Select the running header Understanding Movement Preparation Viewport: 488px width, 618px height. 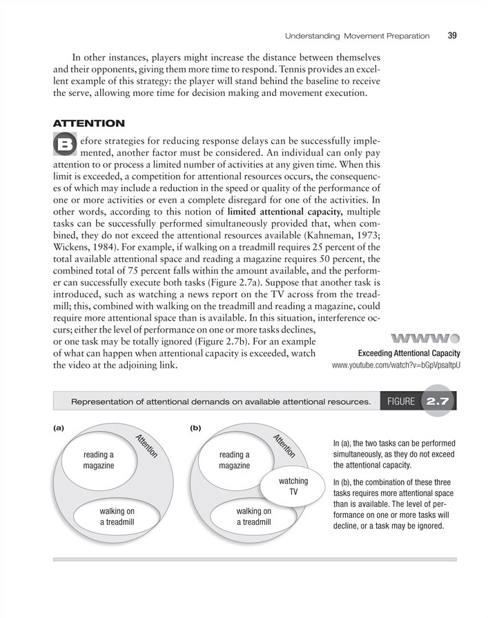pyautogui.click(x=358, y=36)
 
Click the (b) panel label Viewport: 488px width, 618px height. pyautogui.click(x=195, y=427)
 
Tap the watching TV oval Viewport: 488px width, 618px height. pyautogui.click(x=293, y=486)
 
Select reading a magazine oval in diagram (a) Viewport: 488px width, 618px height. pyautogui.click(x=98, y=460)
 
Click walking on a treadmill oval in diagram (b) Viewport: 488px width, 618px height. pyautogui.click(x=253, y=517)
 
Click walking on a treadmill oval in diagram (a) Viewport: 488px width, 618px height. pyautogui.click(x=116, y=517)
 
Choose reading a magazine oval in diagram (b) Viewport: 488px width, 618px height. pyautogui.click(x=234, y=460)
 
